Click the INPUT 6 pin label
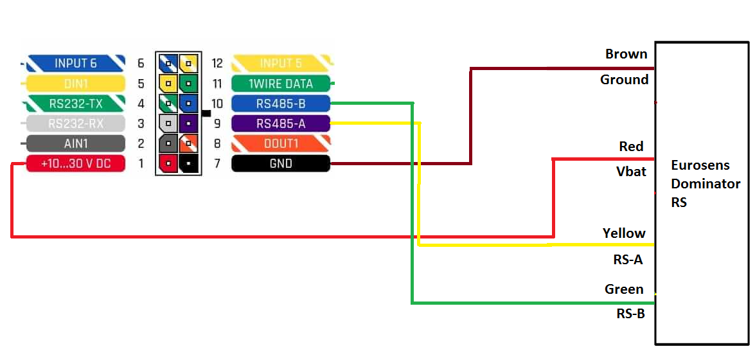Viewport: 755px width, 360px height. [x=75, y=63]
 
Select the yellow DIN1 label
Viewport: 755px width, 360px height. [x=75, y=84]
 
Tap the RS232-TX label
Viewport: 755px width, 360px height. [x=75, y=104]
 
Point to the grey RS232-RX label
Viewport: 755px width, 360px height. [x=75, y=123]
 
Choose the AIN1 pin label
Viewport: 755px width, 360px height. [x=75, y=143]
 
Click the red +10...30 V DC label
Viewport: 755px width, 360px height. [x=75, y=163]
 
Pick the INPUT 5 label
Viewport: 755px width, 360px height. [x=281, y=63]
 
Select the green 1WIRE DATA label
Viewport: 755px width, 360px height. [x=281, y=84]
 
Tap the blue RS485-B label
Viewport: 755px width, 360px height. [x=281, y=104]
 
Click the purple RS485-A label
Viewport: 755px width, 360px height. [x=281, y=123]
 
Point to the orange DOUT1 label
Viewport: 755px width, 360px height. [x=281, y=143]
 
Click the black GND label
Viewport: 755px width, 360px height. [x=281, y=163]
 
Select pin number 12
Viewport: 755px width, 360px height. [x=217, y=63]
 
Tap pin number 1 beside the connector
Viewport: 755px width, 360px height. [x=141, y=163]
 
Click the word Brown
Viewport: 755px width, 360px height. [x=626, y=54]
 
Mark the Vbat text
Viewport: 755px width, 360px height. [x=631, y=172]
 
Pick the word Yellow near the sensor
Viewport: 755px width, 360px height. [x=624, y=233]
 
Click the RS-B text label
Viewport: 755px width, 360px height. [x=630, y=314]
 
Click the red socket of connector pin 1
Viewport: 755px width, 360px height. [x=168, y=163]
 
